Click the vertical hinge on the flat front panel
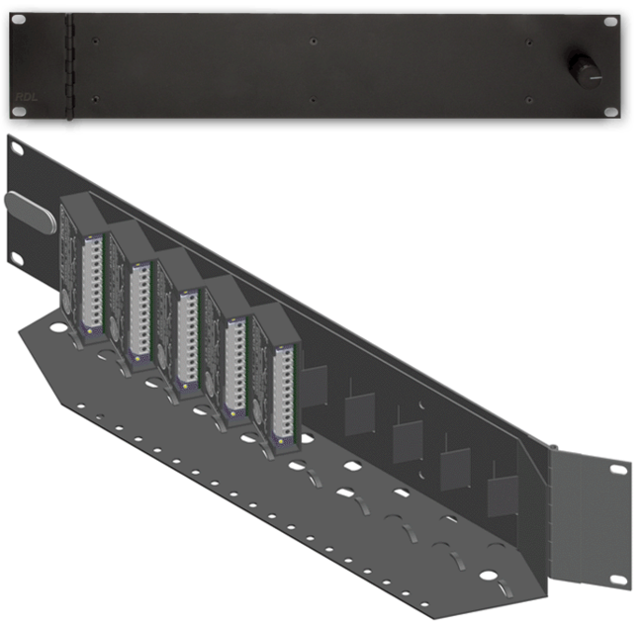coord(70,68)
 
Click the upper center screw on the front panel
coord(313,42)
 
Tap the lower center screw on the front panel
coord(313,99)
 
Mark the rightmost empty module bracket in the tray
coord(502,495)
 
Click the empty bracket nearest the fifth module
coord(315,386)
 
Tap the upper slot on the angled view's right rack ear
coord(617,469)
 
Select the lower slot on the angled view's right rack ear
coord(617,577)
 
